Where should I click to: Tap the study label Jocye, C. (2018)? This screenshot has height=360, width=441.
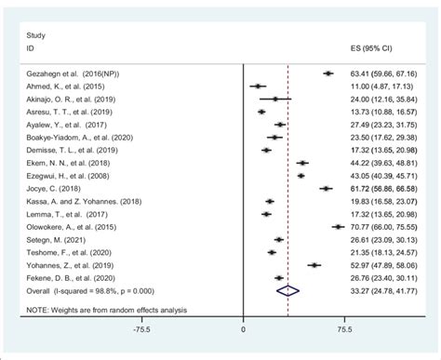click(49, 188)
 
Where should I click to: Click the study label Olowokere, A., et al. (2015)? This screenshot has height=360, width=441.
click(68, 226)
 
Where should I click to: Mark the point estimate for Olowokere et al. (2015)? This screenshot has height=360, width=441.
click(338, 226)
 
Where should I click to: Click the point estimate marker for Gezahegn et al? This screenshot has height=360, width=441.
click(327, 73)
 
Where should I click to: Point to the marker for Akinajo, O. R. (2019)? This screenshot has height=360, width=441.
click(275, 99)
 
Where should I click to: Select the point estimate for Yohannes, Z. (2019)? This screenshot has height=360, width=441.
click(314, 264)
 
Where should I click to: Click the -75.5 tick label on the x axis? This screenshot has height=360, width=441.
click(141, 327)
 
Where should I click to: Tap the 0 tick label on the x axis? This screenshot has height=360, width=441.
click(243, 327)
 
